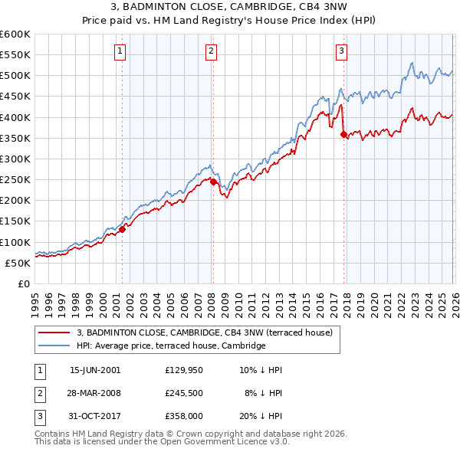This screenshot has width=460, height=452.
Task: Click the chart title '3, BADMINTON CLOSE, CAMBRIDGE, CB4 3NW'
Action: tap(229, 8)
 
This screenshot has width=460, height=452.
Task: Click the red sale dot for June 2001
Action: tap(122, 229)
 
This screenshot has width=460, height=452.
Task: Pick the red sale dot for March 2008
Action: tap(213, 182)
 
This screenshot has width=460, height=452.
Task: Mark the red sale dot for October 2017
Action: tap(343, 135)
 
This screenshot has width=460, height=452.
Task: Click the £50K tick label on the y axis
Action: tap(18, 263)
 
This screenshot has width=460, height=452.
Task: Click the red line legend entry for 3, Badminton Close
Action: tap(204, 332)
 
